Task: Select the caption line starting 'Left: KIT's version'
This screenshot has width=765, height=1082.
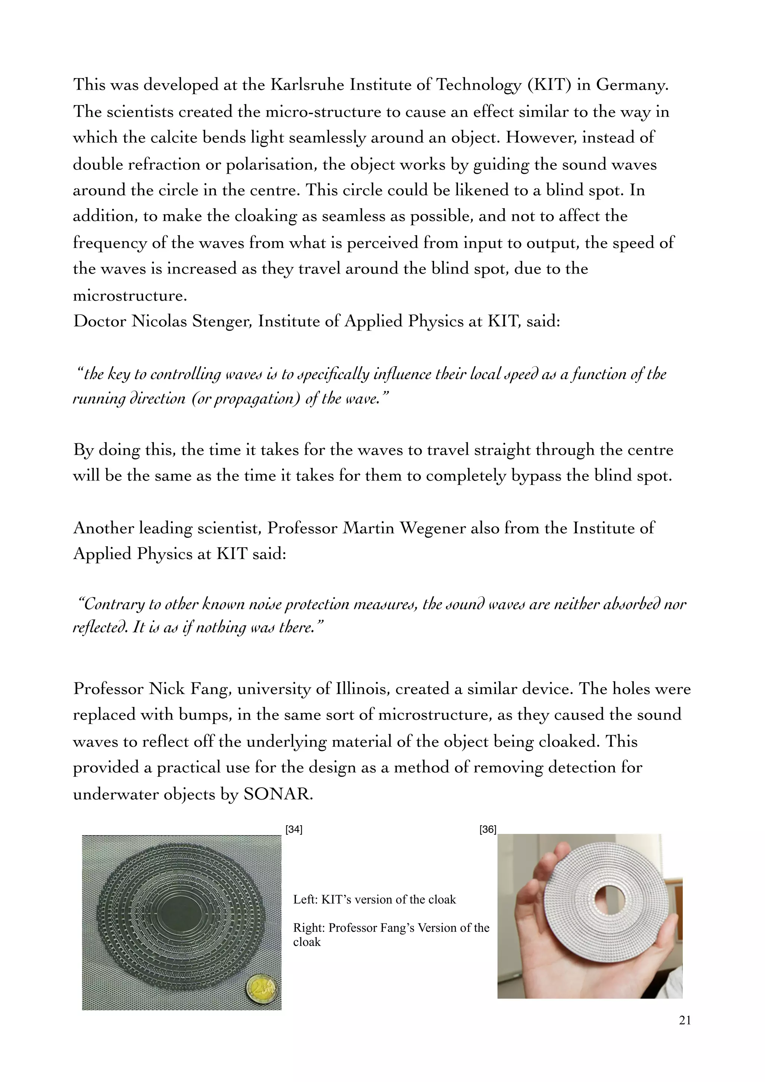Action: pos(375,900)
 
